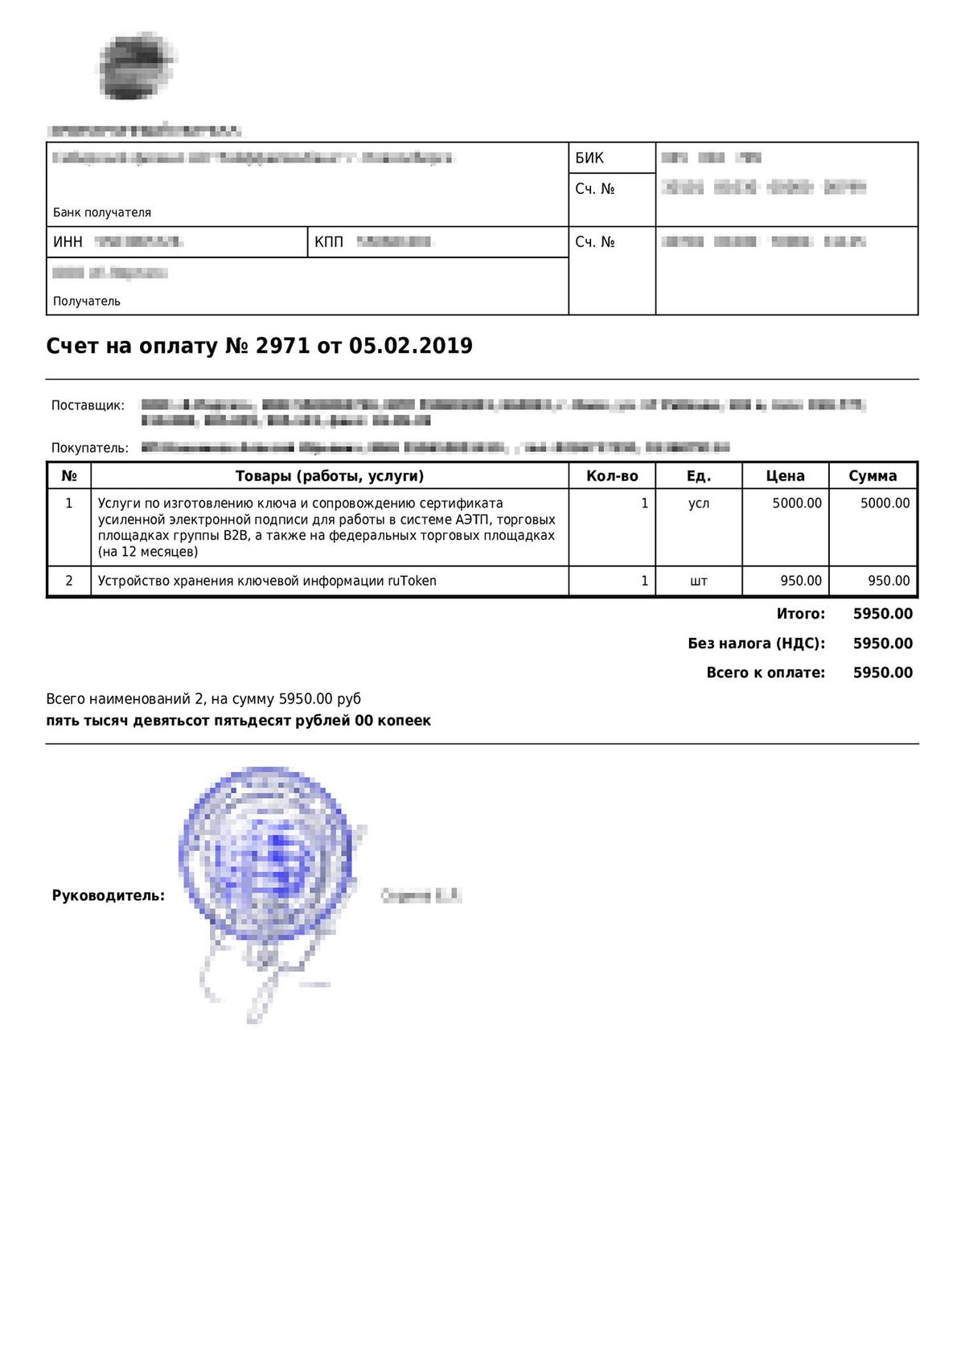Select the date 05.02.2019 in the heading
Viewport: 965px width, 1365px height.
click(410, 347)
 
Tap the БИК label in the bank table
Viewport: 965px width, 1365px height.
click(589, 158)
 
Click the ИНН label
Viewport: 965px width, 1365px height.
click(68, 242)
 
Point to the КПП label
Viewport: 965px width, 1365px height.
click(329, 242)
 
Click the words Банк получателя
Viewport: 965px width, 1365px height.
click(102, 212)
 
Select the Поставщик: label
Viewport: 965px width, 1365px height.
click(88, 405)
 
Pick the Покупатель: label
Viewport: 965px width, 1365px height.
click(89, 448)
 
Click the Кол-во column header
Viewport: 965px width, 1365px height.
click(612, 476)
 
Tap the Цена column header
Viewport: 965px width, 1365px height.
click(785, 476)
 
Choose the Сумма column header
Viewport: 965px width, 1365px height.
click(873, 476)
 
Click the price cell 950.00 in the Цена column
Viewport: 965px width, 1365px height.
click(801, 581)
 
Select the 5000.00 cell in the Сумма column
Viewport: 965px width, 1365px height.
click(885, 504)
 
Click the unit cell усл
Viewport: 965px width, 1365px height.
click(699, 504)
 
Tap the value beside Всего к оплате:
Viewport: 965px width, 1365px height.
click(882, 673)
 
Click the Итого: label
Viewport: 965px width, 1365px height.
click(801, 615)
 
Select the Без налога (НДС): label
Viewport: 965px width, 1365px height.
click(756, 643)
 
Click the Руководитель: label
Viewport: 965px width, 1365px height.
click(109, 895)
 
